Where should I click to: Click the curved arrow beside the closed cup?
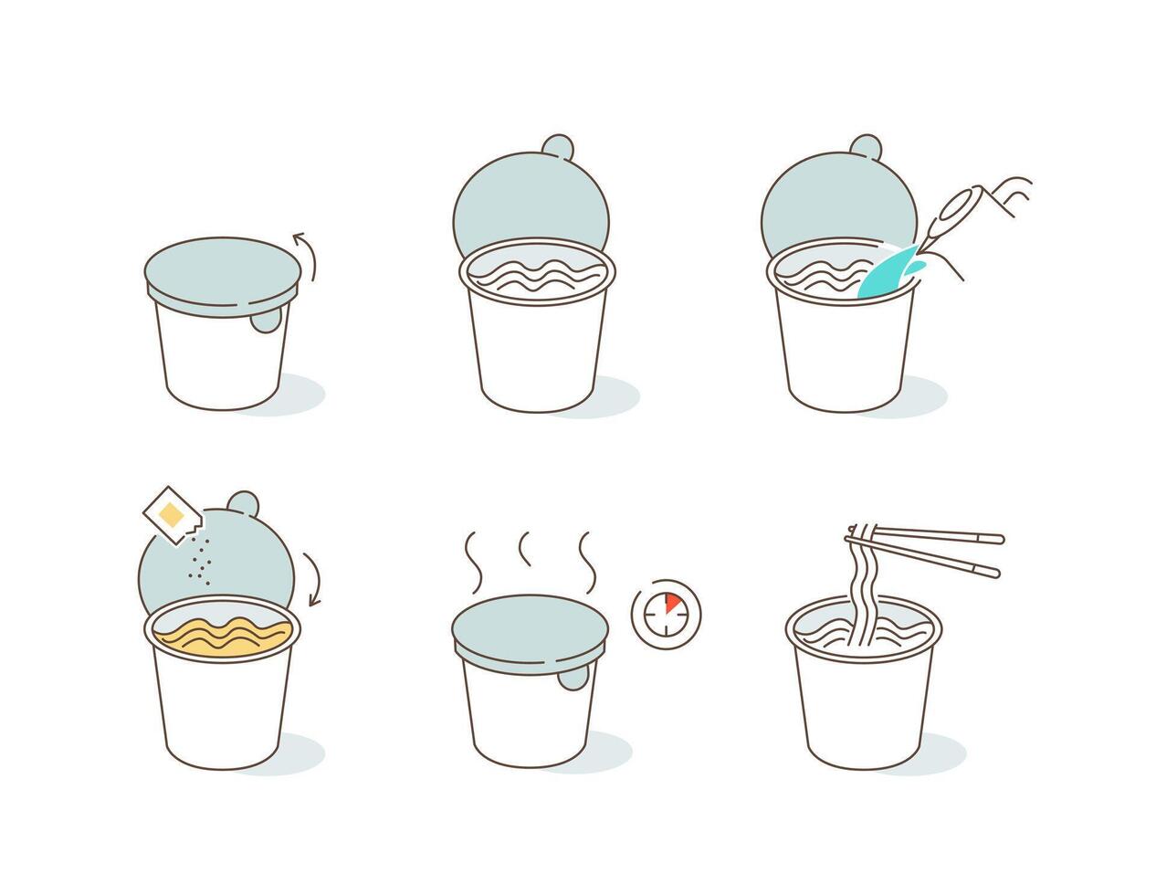[307, 255]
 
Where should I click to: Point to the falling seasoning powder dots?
[203, 558]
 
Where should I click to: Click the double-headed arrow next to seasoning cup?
[313, 578]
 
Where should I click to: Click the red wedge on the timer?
[671, 604]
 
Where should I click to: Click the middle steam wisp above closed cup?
[525, 550]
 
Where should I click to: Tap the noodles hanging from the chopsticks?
[861, 595]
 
